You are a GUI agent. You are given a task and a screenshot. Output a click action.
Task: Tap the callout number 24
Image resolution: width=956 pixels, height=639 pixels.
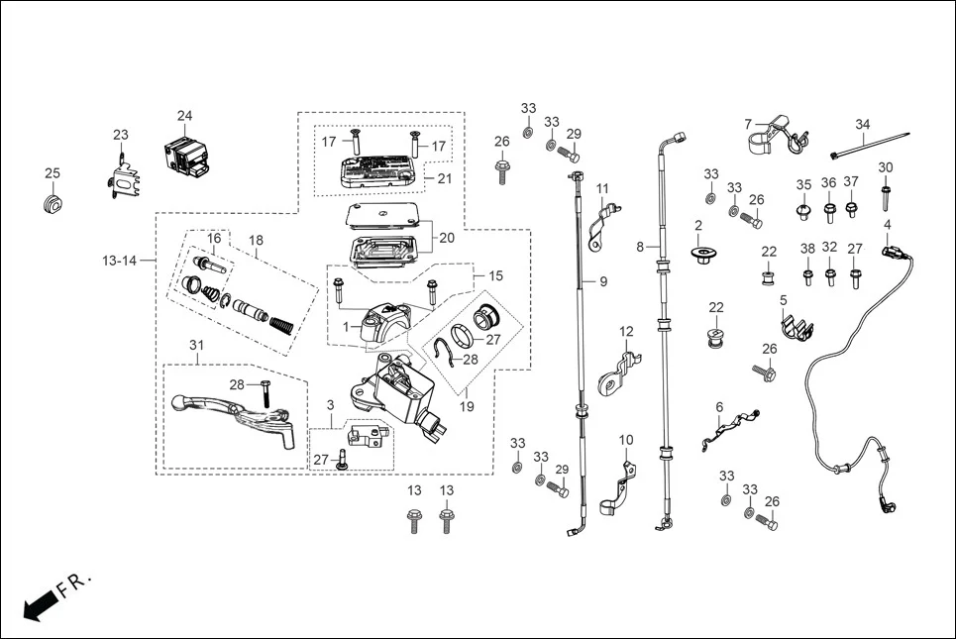point(185,116)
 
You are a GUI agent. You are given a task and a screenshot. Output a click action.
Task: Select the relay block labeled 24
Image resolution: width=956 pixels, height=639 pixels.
point(188,155)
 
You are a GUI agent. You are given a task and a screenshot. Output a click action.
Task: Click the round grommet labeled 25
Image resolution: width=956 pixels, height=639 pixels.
point(53,204)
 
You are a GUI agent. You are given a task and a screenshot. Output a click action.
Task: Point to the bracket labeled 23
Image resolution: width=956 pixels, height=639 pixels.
point(123,178)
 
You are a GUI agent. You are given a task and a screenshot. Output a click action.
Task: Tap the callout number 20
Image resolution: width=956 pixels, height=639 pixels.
point(446,238)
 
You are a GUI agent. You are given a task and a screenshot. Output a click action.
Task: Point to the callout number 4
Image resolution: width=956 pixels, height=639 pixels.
point(887,225)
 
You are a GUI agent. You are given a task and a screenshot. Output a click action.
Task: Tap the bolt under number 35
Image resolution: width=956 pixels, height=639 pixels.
point(803,210)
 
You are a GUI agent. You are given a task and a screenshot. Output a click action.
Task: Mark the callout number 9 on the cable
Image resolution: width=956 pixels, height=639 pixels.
point(602,282)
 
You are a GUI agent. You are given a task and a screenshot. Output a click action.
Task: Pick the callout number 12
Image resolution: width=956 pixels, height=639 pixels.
point(626,331)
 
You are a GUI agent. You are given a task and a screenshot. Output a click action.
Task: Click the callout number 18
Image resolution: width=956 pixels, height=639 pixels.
point(256,241)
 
